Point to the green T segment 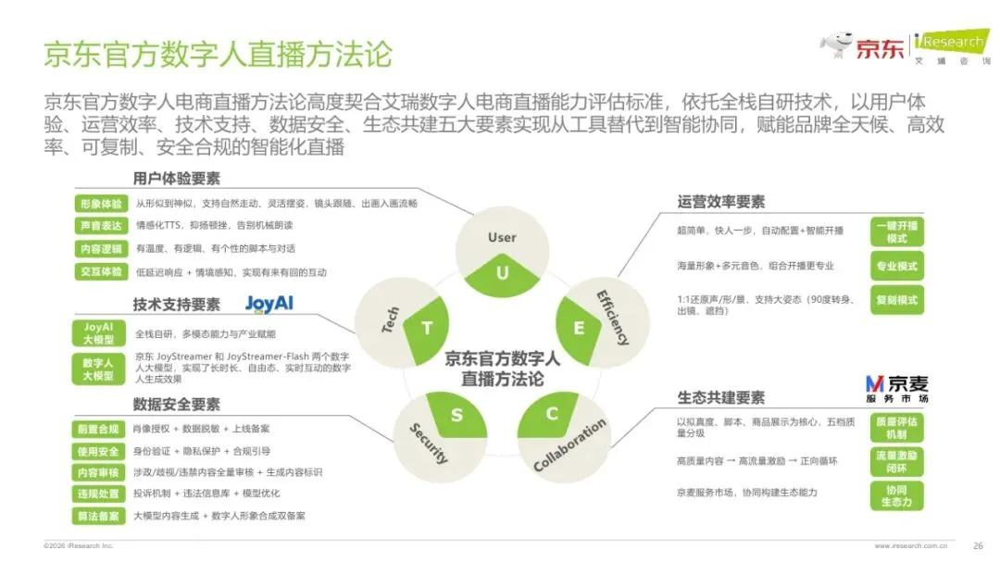(427, 326)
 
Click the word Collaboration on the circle (570, 445)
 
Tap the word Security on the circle (429, 443)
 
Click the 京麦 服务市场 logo (896, 389)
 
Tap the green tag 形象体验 (98, 203)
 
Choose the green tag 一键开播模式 (896, 231)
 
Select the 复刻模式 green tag (896, 300)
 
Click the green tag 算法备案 (98, 516)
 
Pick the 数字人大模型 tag (98, 369)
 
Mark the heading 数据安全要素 (176, 405)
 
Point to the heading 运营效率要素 (721, 202)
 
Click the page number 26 (978, 545)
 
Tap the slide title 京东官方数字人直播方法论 (218, 53)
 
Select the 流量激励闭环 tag (896, 460)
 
